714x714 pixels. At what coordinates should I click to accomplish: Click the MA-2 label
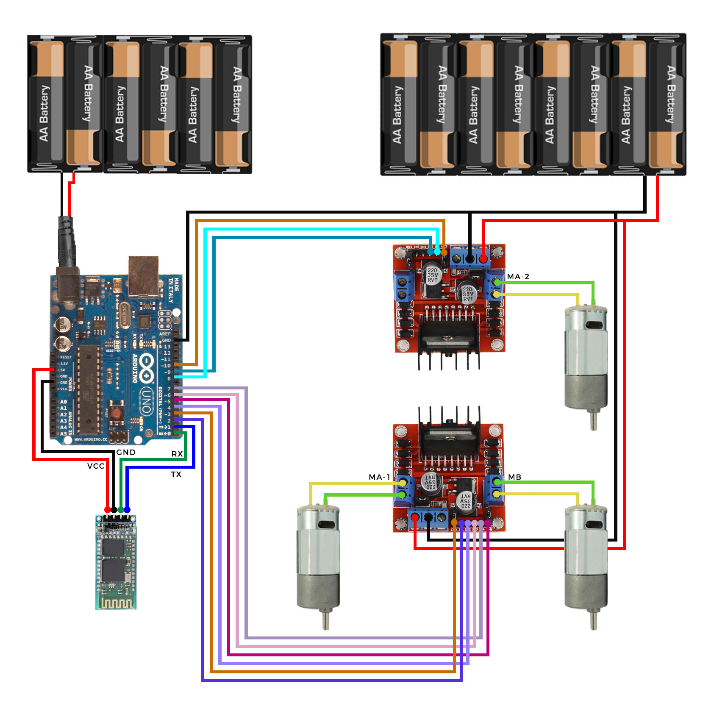point(518,277)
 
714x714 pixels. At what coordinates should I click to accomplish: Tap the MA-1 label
point(379,477)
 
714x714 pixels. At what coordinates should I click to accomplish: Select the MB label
point(514,477)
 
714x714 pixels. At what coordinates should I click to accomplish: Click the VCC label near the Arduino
point(96,466)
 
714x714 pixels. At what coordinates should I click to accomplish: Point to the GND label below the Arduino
point(126,452)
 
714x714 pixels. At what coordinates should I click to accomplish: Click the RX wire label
point(177,454)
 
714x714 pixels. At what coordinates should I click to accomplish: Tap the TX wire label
point(176,474)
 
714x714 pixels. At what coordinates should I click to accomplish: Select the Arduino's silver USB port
point(144,275)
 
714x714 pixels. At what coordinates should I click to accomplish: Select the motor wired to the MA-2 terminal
point(586,360)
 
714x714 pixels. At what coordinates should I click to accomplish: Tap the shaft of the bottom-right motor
point(594,619)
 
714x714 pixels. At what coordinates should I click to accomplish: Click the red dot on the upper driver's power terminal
point(483,258)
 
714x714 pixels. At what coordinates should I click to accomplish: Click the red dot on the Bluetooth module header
point(108,509)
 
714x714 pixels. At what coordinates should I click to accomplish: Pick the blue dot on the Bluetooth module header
point(127,509)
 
